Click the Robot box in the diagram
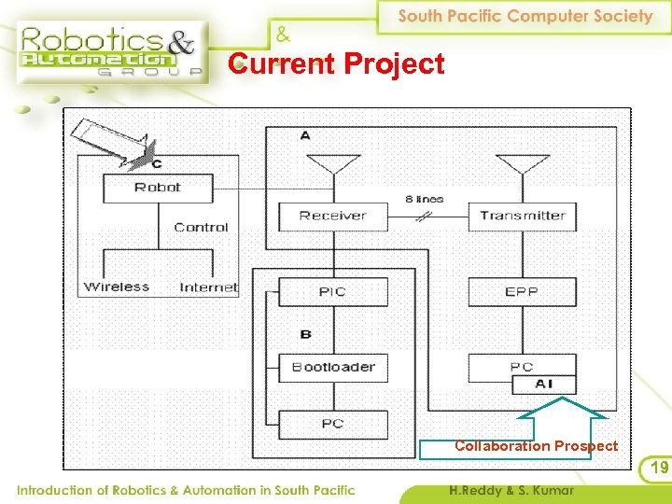pos(158,188)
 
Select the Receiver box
pos(332,216)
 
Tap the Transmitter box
pos(523,216)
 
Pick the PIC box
pos(332,292)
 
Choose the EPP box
pos(523,292)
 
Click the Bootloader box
pos(332,367)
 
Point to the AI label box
pos(543,384)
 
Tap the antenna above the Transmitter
pos(523,166)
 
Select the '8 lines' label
pos(425,199)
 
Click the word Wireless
pos(117,287)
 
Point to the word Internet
pos(208,287)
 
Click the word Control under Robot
pos(201,227)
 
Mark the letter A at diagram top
pos(306,136)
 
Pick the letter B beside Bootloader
pos(306,334)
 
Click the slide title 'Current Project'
pos(338,64)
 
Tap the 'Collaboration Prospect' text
pos(536,446)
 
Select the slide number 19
pos(659,468)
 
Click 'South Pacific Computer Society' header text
pos(525,16)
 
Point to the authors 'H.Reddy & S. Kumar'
pos(511,490)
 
